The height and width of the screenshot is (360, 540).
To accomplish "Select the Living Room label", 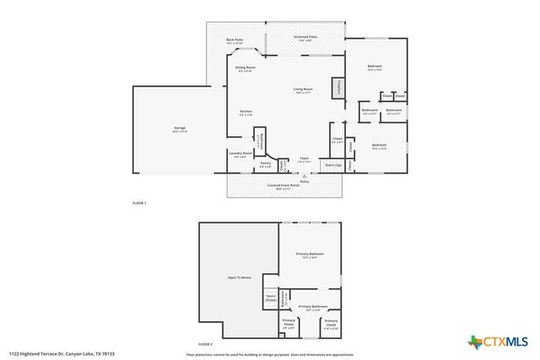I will tap(303, 89).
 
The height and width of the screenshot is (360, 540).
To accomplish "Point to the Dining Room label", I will tap(246, 67).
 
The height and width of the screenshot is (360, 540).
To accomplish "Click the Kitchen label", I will tap(246, 112).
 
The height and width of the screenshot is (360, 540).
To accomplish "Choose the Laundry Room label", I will tap(240, 153).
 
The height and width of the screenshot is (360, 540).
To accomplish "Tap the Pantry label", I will tap(265, 164).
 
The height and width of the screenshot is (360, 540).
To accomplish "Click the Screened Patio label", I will tap(305, 37).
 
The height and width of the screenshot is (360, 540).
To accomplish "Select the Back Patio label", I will tap(234, 40).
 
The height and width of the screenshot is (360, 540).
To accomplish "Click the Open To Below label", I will tap(239, 277).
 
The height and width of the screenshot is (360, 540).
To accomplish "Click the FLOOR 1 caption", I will tap(139, 204).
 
